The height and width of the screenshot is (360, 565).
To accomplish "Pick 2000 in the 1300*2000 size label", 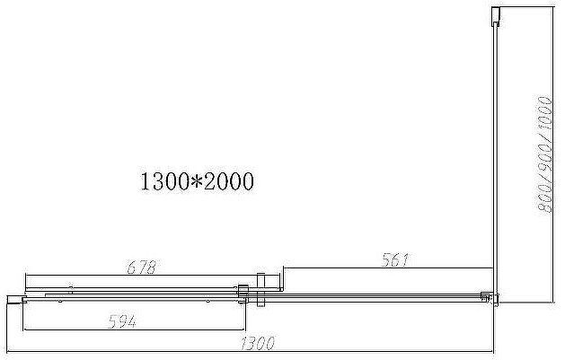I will (228, 182).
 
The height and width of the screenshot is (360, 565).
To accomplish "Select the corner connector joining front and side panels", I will (488, 296).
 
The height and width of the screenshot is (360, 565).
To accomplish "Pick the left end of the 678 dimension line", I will (24, 274).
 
